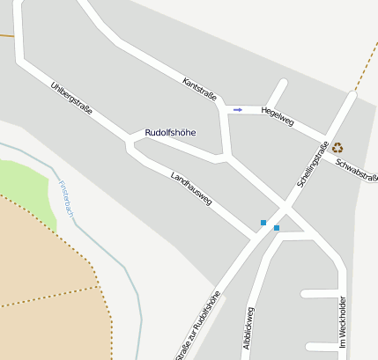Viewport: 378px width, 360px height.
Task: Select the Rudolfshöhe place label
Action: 170,133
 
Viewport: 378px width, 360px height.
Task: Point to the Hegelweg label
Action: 278,117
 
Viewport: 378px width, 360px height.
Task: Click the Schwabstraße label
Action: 357,172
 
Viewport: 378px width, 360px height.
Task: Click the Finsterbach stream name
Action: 66,200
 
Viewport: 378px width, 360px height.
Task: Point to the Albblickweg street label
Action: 248,331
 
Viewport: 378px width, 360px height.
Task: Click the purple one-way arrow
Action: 238,109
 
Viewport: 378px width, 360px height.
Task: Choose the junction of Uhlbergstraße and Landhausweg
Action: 132,143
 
